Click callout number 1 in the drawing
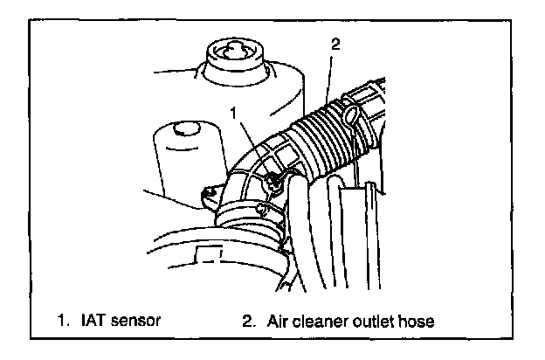[x=233, y=112]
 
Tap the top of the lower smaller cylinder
[x=183, y=129]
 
